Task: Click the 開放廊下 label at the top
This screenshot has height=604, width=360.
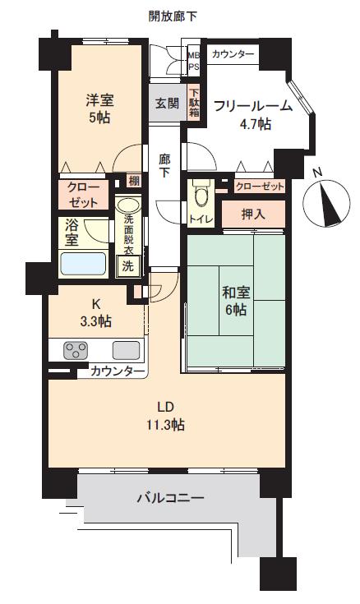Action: pos(173,16)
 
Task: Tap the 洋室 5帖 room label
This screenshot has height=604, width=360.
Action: pos(99,108)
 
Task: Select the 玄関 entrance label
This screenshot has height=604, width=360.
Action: pos(168,104)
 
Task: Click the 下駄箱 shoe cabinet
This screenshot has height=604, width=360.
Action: pos(194,103)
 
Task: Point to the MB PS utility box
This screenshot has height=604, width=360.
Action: pos(193,61)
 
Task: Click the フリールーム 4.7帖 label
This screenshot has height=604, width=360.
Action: pos(253,114)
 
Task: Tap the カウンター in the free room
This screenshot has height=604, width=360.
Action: pos(233,54)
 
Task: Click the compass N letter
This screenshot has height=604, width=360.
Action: pos(317,173)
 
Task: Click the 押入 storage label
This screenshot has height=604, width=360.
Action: pos(253,214)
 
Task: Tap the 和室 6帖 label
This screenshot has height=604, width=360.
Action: pos(236,301)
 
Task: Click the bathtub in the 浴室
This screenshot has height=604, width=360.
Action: pos(83,264)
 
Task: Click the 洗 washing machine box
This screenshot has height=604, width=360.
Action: pos(127,265)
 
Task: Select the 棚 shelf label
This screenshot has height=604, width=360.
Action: pos(134,180)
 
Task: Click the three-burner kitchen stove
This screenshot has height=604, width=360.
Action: pos(75,350)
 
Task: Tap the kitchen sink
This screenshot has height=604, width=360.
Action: pos(126,350)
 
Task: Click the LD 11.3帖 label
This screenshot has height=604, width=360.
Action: pos(166,416)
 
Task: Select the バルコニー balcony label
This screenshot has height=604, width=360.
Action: pos(171,498)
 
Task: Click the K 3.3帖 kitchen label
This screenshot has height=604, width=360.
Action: pos(96,312)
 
